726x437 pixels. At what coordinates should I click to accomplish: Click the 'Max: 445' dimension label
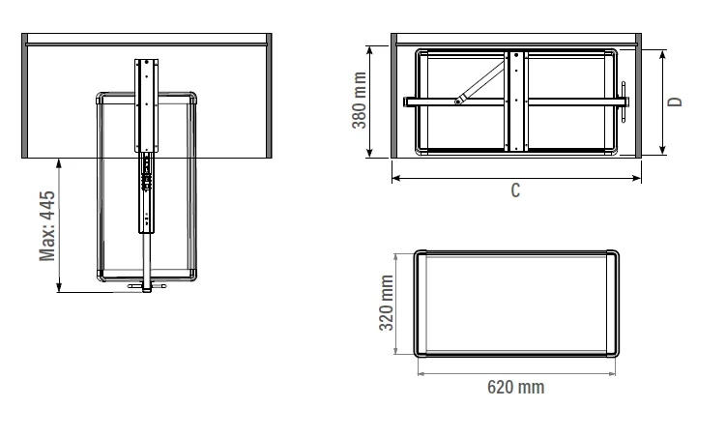[x=47, y=226]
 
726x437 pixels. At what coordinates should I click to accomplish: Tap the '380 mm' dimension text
[x=360, y=101]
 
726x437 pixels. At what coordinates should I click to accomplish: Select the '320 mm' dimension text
[x=386, y=303]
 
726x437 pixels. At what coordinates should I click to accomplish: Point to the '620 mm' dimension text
[x=516, y=387]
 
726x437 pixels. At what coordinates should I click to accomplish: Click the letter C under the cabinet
[x=515, y=190]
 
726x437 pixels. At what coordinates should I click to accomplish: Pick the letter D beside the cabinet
[x=676, y=102]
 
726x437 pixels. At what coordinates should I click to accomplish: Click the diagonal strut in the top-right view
[x=480, y=82]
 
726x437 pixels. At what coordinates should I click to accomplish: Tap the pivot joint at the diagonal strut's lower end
[x=459, y=101]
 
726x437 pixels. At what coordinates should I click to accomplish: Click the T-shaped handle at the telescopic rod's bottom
[x=147, y=286]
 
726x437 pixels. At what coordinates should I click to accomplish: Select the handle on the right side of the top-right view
[x=624, y=101]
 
